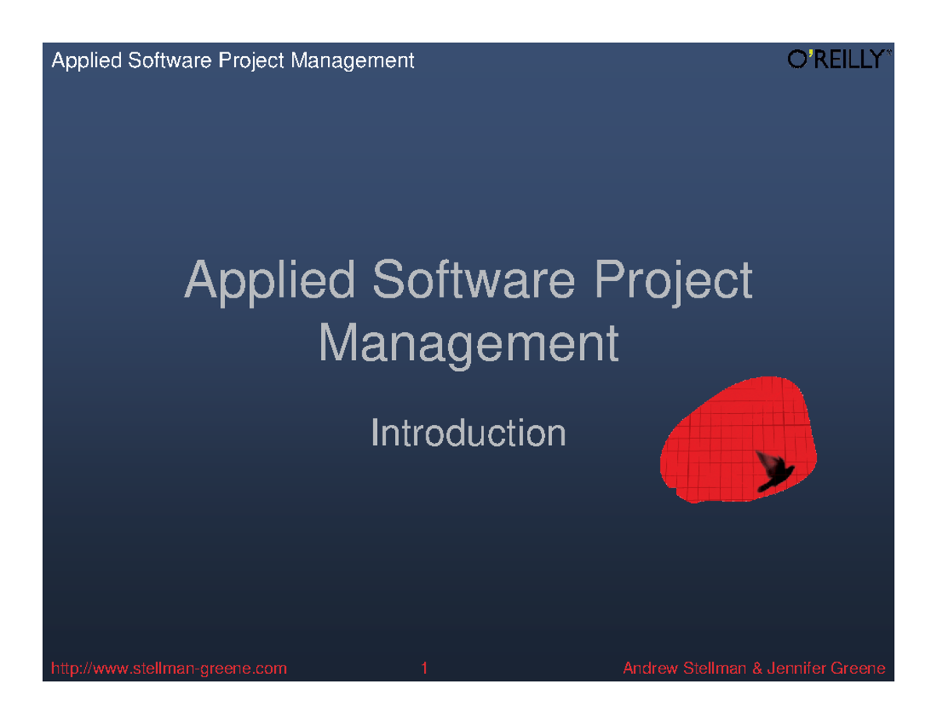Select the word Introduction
coord(468,433)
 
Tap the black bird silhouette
coord(773,472)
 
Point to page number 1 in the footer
coord(424,669)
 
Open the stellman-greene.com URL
coord(169,669)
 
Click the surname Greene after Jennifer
coord(858,669)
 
